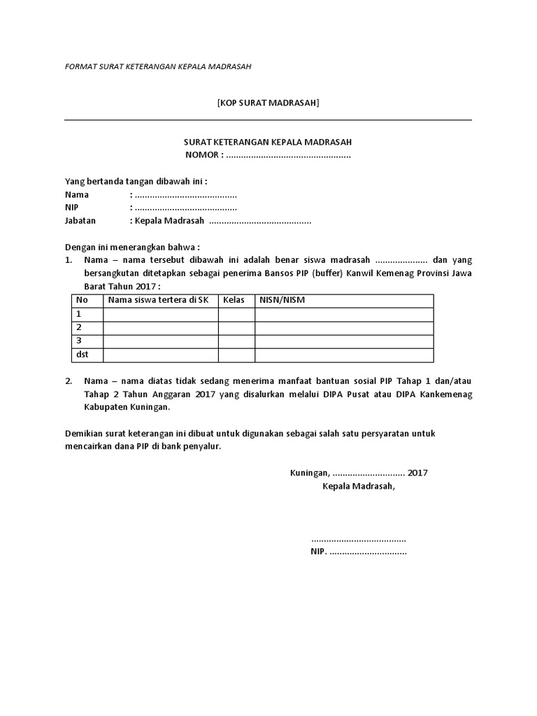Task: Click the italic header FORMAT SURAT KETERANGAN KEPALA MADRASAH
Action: coord(157,67)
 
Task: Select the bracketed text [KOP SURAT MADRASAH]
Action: coord(268,103)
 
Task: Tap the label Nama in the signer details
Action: coord(77,194)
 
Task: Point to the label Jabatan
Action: coord(80,220)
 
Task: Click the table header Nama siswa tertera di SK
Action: coord(158,301)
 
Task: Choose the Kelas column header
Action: coord(234,301)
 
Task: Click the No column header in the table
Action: coord(82,301)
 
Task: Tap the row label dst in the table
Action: coord(83,355)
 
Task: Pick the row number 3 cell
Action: coord(80,341)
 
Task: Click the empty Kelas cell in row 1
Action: coord(236,314)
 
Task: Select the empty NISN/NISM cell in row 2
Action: coord(343,327)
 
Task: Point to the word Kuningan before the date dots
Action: coord(310,473)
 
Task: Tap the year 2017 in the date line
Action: coord(417,473)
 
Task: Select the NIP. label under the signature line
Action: coord(318,552)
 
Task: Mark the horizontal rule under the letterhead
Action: coord(268,120)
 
